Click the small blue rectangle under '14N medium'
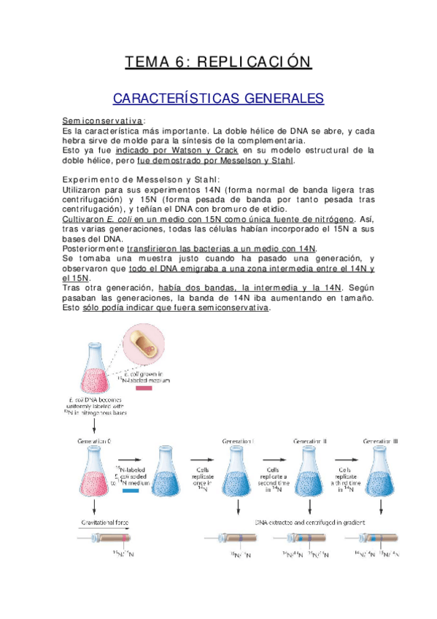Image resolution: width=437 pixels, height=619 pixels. (x=131, y=491)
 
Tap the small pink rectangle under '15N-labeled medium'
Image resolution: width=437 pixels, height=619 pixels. (x=143, y=389)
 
